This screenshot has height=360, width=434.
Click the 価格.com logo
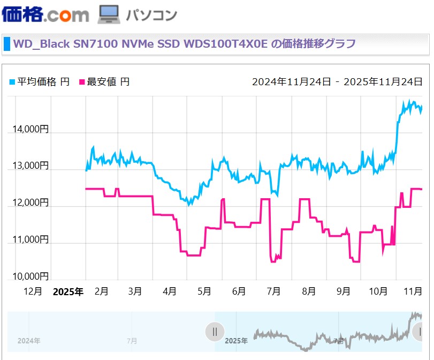tap(45, 14)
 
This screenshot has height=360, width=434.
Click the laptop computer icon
tap(108, 15)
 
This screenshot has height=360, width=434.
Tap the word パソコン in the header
tap(151, 15)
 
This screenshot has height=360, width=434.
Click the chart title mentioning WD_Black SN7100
tap(185, 44)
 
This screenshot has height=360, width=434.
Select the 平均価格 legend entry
tap(40, 82)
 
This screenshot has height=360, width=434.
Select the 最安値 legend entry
tap(104, 82)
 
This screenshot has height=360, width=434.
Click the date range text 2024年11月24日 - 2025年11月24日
tap(337, 82)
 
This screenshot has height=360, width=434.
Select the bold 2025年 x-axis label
tap(68, 292)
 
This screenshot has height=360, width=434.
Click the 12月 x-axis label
tap(33, 292)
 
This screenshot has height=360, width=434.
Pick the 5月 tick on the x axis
tap(204, 292)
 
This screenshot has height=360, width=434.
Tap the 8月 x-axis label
tap(308, 292)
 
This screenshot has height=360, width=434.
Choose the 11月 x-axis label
tap(412, 292)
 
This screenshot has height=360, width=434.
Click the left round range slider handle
tap(215, 332)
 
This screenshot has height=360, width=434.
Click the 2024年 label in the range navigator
tap(29, 341)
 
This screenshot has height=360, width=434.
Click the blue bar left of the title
tap(7, 44)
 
